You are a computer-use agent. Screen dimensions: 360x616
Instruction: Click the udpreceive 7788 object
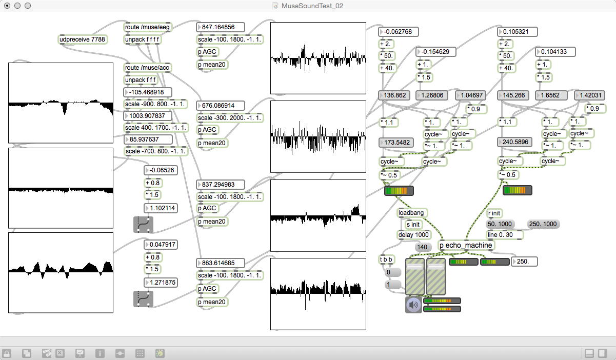pyautogui.click(x=83, y=39)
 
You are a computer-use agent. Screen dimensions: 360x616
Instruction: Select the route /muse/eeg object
pyautogui.click(x=148, y=27)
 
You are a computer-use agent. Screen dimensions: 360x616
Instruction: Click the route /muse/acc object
pyautogui.click(x=148, y=68)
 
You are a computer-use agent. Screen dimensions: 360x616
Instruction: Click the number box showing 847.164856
pyautogui.click(x=221, y=27)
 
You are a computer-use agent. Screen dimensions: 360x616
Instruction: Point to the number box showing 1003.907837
pyautogui.click(x=148, y=116)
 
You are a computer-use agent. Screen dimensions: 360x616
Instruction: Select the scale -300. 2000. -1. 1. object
pyautogui.click(x=230, y=118)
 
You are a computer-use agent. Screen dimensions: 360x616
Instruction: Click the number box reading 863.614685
pyautogui.click(x=221, y=263)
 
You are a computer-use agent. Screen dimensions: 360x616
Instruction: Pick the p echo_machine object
pyautogui.click(x=466, y=246)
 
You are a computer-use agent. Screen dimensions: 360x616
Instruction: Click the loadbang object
pyautogui.click(x=412, y=213)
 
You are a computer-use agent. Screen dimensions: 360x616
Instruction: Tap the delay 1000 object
pyautogui.click(x=414, y=235)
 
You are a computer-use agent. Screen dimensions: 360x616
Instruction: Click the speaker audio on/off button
pyautogui.click(x=413, y=305)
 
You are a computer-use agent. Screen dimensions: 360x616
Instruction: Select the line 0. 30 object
pyautogui.click(x=505, y=235)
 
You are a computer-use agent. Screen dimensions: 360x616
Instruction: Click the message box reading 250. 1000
pyautogui.click(x=543, y=224)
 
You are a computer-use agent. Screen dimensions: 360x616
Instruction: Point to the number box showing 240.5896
pyautogui.click(x=514, y=142)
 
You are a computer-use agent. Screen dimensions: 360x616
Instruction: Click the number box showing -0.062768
pyautogui.click(x=399, y=32)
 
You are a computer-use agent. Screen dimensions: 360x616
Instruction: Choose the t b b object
pyautogui.click(x=386, y=259)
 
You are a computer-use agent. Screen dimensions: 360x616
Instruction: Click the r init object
pyautogui.click(x=494, y=213)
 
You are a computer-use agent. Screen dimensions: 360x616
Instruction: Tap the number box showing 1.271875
pyautogui.click(x=161, y=283)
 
